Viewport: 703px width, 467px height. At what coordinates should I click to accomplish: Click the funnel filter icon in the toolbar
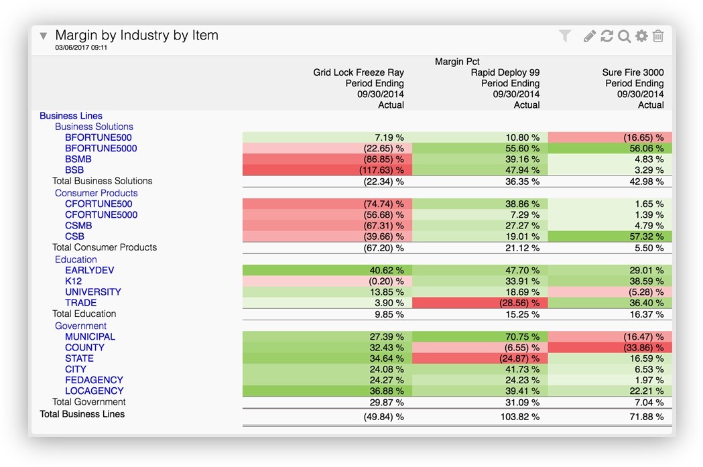point(565,36)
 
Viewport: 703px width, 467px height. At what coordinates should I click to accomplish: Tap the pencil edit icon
point(589,36)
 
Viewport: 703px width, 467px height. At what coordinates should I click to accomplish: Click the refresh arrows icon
point(606,36)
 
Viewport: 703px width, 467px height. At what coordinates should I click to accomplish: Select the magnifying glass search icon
point(624,36)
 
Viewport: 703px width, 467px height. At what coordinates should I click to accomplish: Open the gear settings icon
point(641,36)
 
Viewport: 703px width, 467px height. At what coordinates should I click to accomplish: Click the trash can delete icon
point(658,36)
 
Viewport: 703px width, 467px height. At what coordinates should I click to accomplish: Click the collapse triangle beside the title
point(44,36)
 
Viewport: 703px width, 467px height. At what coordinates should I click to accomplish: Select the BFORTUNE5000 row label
point(101,149)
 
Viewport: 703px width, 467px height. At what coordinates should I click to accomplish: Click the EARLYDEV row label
point(89,271)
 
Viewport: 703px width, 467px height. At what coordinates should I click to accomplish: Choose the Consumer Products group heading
point(96,193)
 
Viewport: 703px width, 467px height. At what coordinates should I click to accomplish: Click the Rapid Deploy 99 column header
point(505,72)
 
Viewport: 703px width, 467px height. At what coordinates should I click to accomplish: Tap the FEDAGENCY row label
point(94,380)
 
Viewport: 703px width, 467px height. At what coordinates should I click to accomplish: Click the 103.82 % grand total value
point(517,417)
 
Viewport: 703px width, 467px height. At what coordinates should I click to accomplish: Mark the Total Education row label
point(84,314)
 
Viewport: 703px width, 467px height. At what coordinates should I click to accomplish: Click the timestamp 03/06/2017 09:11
point(81,48)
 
